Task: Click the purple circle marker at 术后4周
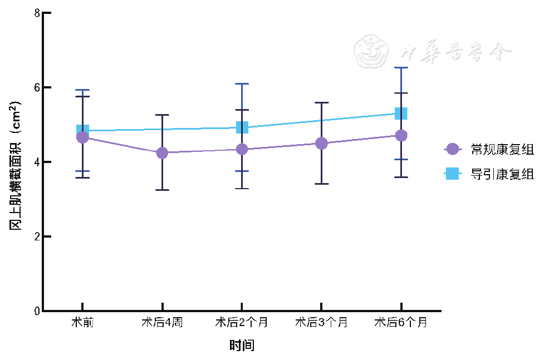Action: (x=162, y=152)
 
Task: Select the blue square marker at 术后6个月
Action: (x=401, y=114)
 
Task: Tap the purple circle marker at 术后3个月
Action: (x=321, y=144)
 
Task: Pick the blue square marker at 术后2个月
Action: (x=242, y=127)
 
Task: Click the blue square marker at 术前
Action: (x=82, y=130)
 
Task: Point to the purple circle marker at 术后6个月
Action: (x=401, y=135)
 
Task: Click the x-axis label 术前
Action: (x=82, y=322)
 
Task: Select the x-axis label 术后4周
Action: (x=161, y=322)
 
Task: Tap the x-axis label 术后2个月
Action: (x=242, y=322)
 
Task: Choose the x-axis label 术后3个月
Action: (x=321, y=322)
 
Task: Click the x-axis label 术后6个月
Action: (x=401, y=322)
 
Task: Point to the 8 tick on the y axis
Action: (x=37, y=13)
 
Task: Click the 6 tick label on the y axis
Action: (x=37, y=87)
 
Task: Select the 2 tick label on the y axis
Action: (x=37, y=236)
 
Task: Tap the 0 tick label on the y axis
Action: (x=37, y=311)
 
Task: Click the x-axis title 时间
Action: (x=242, y=346)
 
